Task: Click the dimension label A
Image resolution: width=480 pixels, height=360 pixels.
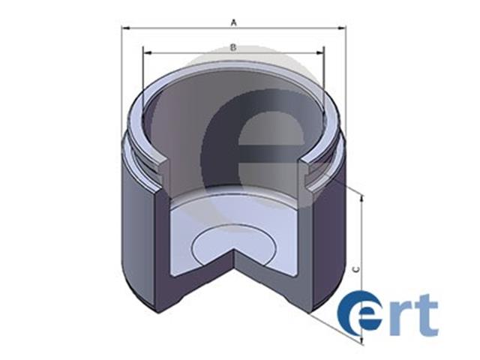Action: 234,22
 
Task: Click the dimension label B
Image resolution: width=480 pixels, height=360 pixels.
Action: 233,47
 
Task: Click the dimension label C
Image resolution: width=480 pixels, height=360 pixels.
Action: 356,269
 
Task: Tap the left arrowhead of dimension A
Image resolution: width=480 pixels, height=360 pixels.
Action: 126,28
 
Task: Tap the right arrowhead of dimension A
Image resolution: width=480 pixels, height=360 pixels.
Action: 341,28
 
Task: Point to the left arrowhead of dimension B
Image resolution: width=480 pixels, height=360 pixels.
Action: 148,53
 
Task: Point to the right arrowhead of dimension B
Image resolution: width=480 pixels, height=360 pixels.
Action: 319,53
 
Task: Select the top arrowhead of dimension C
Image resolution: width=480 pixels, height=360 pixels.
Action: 361,198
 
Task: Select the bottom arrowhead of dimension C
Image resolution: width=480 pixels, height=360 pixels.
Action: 361,339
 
